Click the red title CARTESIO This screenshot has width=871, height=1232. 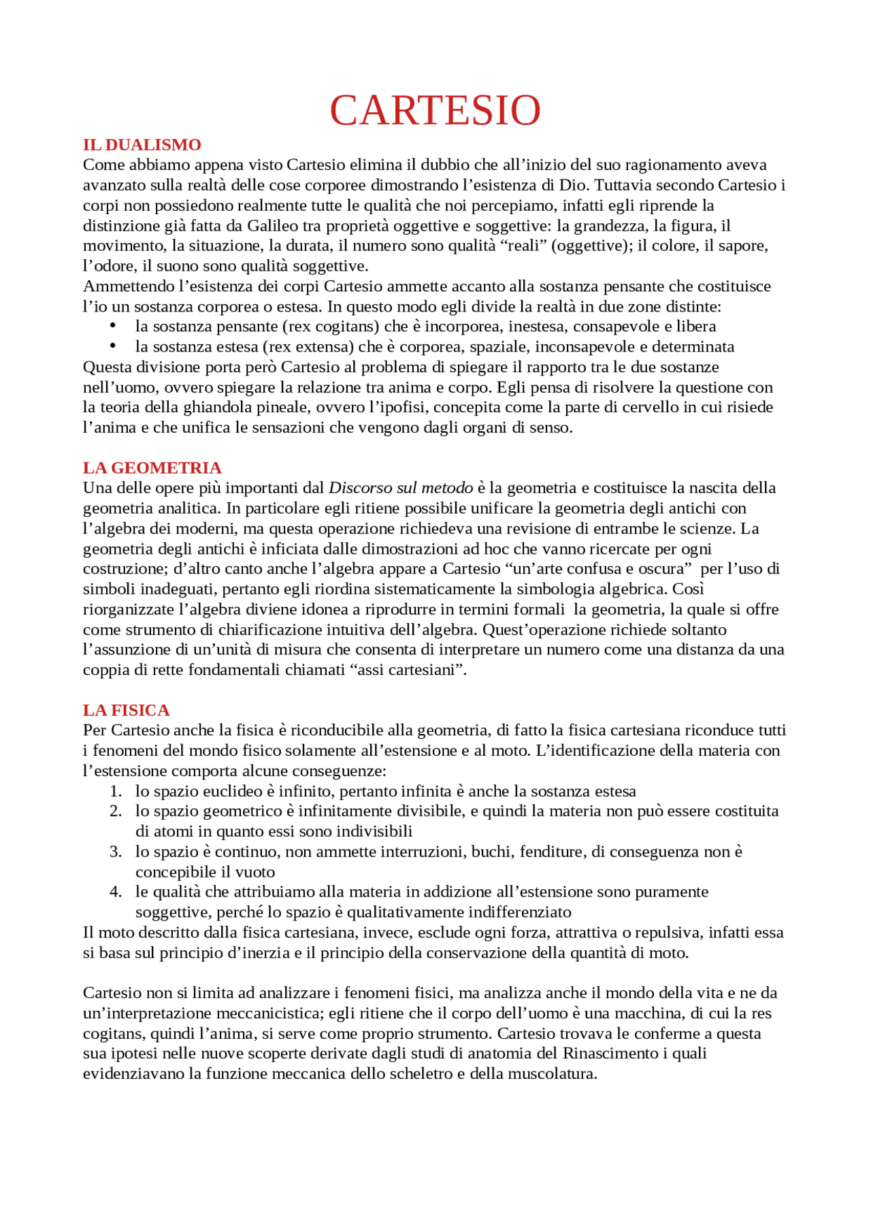point(435,110)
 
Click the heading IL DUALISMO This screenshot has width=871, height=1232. point(142,145)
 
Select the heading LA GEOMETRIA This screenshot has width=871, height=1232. point(152,468)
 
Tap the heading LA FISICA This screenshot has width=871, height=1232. point(126,710)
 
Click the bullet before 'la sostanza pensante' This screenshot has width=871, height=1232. point(113,326)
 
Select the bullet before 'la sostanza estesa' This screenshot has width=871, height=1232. point(113,346)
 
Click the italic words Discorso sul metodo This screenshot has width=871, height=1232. point(400,488)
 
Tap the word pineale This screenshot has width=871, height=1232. point(285,407)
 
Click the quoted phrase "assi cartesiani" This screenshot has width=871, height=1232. point(408,670)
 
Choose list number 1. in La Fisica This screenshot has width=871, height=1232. point(116,791)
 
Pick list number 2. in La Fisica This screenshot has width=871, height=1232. point(116,812)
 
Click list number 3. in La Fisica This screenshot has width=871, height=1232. point(116,852)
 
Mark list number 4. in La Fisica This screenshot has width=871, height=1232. point(116,892)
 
